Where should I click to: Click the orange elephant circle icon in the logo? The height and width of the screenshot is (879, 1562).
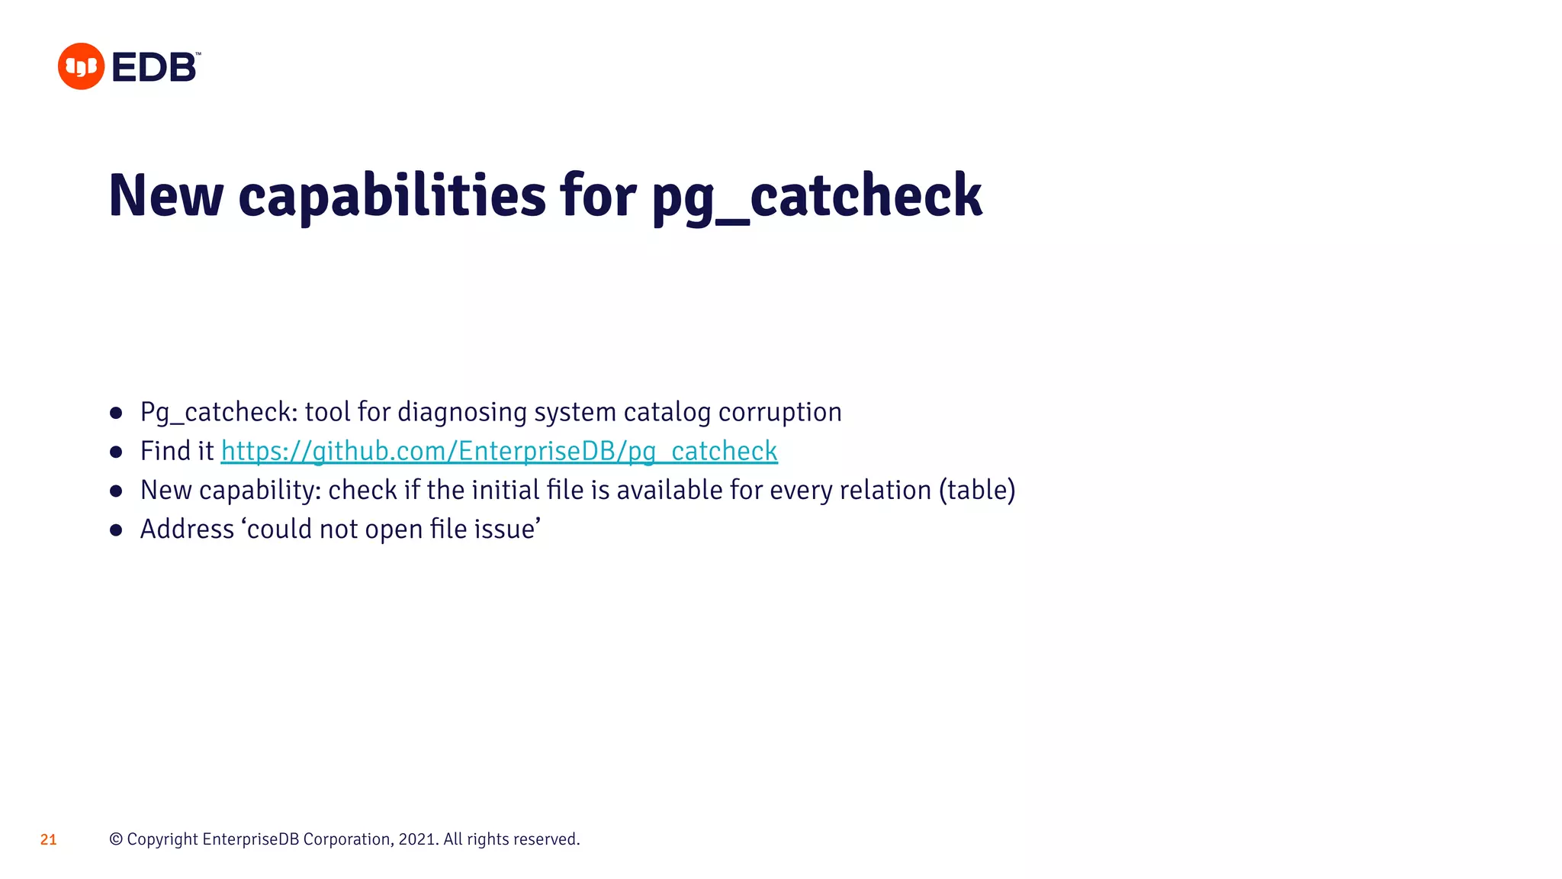tap(81, 66)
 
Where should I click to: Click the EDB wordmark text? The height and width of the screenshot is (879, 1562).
tap(155, 67)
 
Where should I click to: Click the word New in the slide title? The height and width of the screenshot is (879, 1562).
tap(166, 195)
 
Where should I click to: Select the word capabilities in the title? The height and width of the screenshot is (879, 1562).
tap(392, 195)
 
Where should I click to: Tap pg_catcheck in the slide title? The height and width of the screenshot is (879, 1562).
tap(817, 195)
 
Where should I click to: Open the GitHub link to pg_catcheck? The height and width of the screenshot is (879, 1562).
tap(499, 451)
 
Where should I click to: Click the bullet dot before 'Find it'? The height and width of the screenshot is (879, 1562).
tap(116, 452)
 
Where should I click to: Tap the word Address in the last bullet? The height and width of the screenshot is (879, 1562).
tap(187, 529)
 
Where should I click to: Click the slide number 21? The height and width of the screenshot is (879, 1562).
tap(48, 839)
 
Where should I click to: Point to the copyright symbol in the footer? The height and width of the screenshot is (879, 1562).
tap(116, 839)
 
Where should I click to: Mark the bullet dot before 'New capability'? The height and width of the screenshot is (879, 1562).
tap(116, 491)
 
